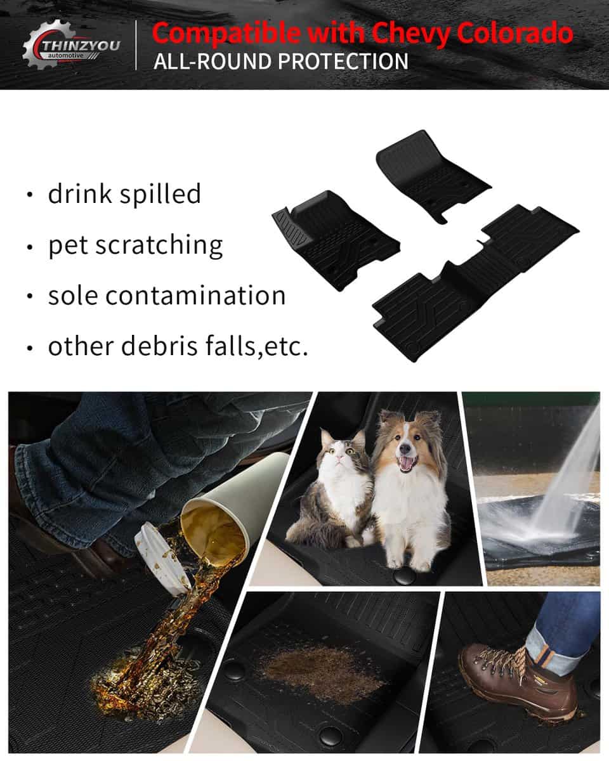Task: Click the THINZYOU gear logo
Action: tap(71, 44)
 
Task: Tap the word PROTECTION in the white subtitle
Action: tap(343, 61)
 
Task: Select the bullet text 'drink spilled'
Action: tap(124, 193)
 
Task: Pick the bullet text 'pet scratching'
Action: tap(135, 245)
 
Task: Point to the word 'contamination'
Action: tap(195, 296)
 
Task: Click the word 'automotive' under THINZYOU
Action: tap(66, 56)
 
